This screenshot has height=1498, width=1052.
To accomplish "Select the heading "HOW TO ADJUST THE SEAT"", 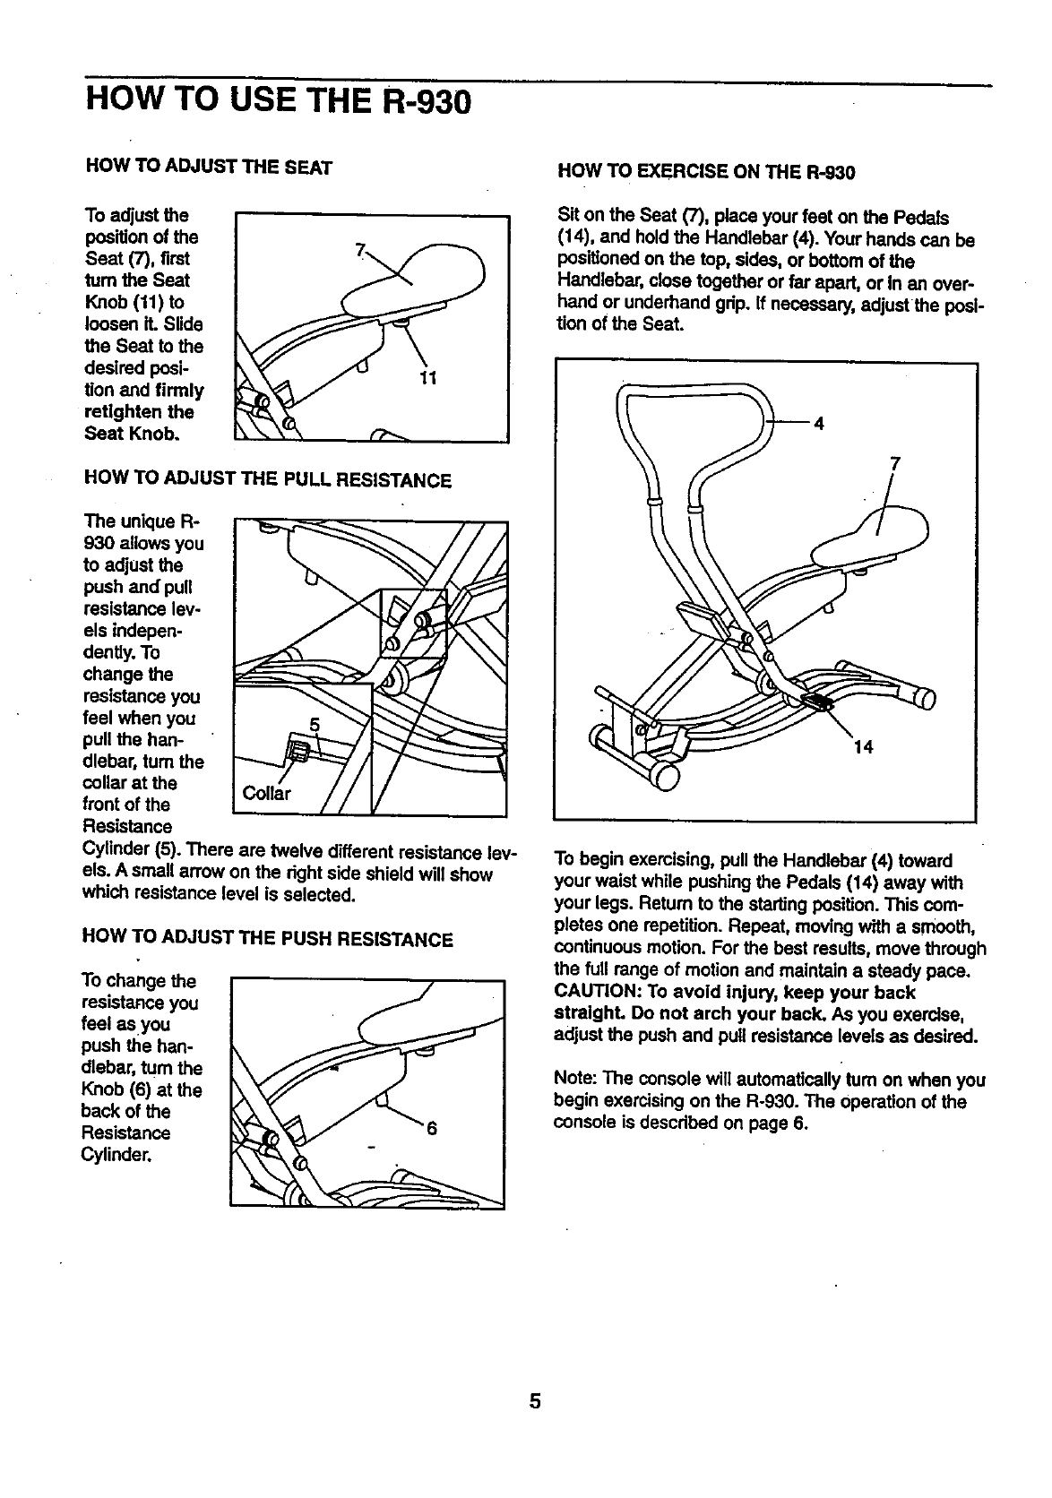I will click(x=208, y=168).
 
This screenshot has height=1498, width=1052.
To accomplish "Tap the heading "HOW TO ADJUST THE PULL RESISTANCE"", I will click(x=266, y=481).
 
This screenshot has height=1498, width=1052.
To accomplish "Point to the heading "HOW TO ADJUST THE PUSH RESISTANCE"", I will click(x=267, y=940).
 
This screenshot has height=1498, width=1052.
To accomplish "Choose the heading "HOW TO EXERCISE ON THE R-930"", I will click(x=706, y=171).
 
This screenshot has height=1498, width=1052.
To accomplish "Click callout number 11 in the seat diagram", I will click(x=427, y=377).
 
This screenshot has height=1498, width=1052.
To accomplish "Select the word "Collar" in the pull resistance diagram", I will click(x=267, y=794).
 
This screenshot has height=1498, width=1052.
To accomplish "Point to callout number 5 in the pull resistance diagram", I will click(x=314, y=724).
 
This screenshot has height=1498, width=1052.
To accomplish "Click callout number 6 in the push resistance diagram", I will click(x=431, y=1129).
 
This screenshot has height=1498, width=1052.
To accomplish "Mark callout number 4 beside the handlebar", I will click(x=817, y=423).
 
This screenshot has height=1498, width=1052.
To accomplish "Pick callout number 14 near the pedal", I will click(x=863, y=747).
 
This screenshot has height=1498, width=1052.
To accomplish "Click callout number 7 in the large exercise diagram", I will click(x=894, y=463).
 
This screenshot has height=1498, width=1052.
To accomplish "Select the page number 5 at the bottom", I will click(x=535, y=1401).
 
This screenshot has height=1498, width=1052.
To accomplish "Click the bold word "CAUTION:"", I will click(x=598, y=993).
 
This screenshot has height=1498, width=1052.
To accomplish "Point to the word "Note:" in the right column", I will click(x=577, y=1080).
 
